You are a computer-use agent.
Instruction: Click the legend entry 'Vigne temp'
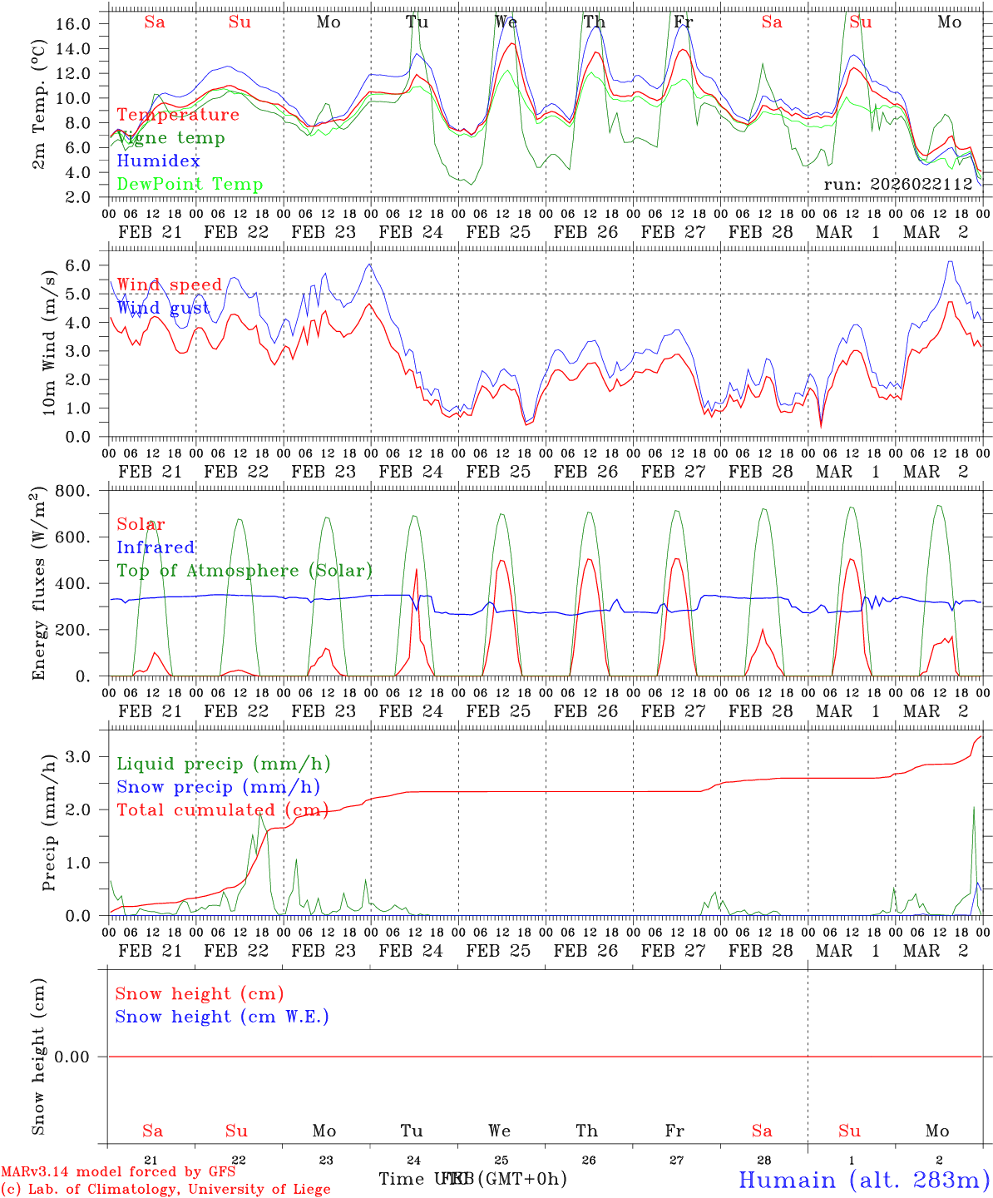point(170,138)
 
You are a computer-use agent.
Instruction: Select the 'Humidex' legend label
point(158,161)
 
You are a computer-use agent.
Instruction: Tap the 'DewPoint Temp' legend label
point(190,185)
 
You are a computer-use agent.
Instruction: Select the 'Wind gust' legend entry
point(163,308)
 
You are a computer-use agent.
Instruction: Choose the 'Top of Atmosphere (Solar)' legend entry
point(245,571)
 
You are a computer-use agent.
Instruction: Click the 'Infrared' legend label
point(156,547)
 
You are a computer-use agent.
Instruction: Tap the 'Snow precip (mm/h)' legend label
point(218,787)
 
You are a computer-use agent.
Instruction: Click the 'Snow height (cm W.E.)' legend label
point(222,1017)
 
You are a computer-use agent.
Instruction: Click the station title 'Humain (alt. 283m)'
point(864,1180)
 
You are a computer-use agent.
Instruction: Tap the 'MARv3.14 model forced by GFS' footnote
point(118,1171)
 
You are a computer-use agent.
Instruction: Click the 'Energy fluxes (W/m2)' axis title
point(38,585)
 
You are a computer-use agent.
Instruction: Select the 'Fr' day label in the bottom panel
point(674,1131)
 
